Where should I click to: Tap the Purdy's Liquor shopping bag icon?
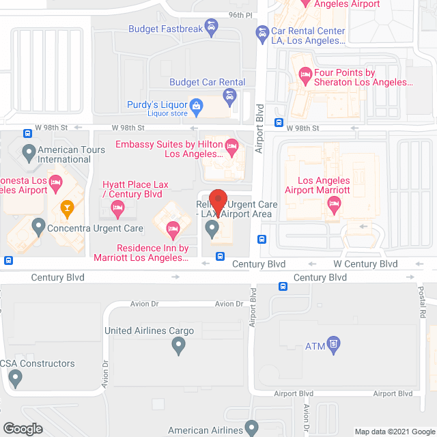197,105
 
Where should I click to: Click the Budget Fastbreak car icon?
212,29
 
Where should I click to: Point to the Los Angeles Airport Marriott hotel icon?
334,203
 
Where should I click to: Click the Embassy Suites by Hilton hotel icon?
231,145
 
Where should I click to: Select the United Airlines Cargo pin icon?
178,346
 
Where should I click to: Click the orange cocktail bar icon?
67,207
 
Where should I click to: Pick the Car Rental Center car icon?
262,31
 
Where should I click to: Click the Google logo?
22,428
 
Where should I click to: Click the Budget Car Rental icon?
229,97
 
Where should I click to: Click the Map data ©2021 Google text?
394,431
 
